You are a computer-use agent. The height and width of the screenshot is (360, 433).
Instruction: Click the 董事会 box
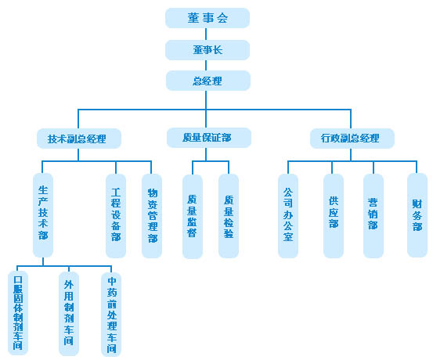pyautogui.click(x=207, y=18)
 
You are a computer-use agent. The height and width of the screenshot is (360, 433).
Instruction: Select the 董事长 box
pyautogui.click(x=207, y=50)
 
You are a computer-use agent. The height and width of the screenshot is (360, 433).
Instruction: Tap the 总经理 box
pyautogui.click(x=208, y=81)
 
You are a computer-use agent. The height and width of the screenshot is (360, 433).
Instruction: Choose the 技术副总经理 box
pyautogui.click(x=79, y=139)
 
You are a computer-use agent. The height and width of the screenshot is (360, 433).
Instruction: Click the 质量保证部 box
pyautogui.click(x=209, y=138)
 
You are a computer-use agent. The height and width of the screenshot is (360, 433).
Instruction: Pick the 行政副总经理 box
pyautogui.click(x=352, y=139)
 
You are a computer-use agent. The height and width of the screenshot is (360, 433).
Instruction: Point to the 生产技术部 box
pyautogui.click(x=43, y=215)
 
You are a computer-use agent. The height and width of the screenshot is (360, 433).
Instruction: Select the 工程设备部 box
pyautogui.click(x=116, y=216)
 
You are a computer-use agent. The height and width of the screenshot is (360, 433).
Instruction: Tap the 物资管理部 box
pyautogui.click(x=152, y=216)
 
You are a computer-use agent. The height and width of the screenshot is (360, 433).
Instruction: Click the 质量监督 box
pyautogui.click(x=193, y=217)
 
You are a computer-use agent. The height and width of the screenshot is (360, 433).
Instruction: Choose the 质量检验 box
pyautogui.click(x=229, y=216)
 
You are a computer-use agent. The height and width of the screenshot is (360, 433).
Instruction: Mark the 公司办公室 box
pyautogui.click(x=288, y=216)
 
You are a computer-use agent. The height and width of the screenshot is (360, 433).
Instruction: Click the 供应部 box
pyautogui.click(x=334, y=216)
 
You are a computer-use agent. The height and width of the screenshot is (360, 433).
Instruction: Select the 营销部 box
pyautogui.click(x=373, y=216)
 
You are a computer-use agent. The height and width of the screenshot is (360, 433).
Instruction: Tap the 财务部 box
pyautogui.click(x=417, y=215)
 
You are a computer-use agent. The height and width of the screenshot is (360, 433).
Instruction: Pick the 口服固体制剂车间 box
pyautogui.click(x=18, y=313)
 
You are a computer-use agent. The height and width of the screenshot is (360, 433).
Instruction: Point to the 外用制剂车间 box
pyautogui.click(x=69, y=314)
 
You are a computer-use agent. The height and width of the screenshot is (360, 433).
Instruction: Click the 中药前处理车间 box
pyautogui.click(x=111, y=315)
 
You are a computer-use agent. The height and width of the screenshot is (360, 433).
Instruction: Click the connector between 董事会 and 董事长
pyautogui.click(x=206, y=34)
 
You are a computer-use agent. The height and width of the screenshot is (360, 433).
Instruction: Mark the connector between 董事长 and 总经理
pyautogui.click(x=206, y=66)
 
